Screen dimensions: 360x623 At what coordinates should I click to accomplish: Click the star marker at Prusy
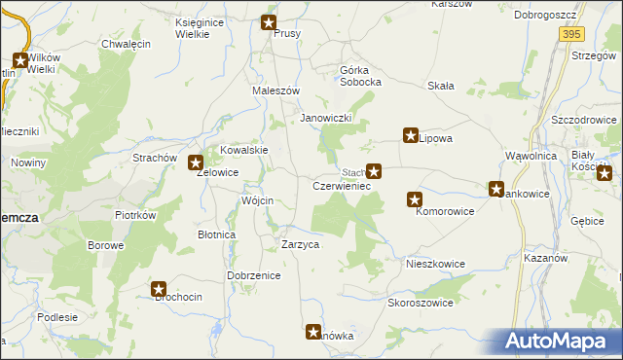270,22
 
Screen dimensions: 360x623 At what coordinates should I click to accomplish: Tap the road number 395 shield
571,34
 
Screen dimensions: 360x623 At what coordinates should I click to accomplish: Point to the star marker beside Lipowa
411,136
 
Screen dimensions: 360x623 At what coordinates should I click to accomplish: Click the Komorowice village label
445,210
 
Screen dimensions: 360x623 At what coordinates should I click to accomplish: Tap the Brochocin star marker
160,288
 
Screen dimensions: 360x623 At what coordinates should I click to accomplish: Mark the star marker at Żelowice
195,163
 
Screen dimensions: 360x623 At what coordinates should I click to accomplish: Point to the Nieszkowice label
435,264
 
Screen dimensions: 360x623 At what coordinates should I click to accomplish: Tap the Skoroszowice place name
421,303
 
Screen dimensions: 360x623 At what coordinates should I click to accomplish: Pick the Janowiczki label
325,118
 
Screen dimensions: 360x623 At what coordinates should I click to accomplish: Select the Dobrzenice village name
254,275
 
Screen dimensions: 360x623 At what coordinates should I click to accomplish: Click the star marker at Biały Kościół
605,174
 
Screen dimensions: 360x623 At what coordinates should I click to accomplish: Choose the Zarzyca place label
300,245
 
